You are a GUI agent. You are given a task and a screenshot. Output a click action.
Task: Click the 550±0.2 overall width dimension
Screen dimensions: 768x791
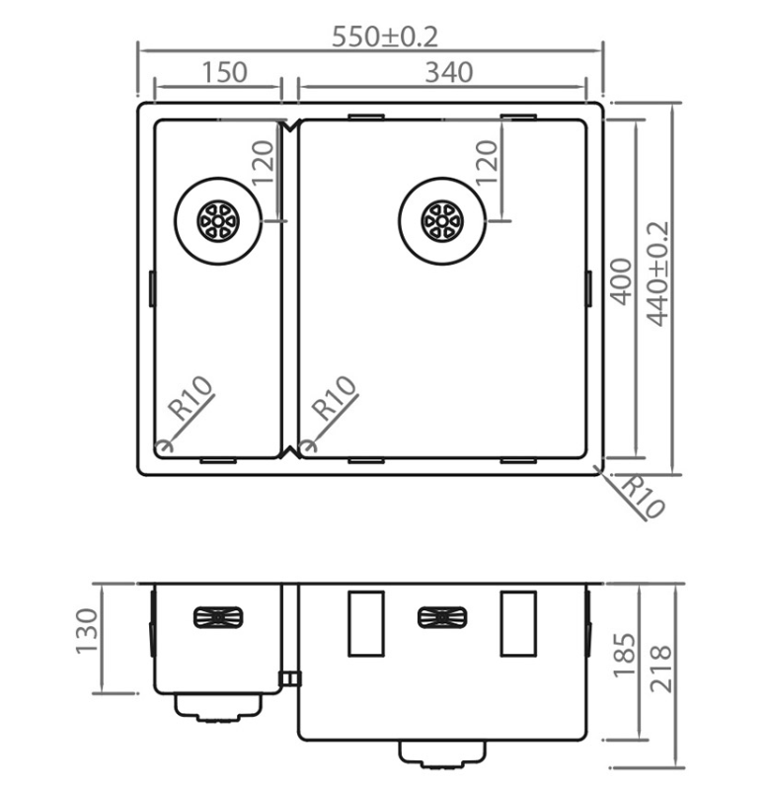385,37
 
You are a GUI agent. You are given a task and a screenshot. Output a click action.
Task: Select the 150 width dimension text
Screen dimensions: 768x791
224,72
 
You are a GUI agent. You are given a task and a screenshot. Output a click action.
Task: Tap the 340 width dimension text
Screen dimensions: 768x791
449,72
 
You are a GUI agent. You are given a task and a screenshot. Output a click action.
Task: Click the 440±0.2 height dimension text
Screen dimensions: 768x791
658,274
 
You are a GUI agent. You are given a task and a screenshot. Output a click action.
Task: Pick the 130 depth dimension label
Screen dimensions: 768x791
86,631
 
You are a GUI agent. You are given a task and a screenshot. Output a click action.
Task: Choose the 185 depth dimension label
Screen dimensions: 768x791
624,655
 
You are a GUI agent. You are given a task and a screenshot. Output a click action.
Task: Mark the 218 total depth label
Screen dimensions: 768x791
661,669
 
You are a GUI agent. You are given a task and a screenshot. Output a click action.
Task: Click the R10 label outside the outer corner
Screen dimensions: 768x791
643,497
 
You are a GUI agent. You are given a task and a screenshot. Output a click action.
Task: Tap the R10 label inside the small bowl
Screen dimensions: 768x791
192,398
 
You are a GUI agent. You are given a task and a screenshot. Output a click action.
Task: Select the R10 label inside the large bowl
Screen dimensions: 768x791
335,398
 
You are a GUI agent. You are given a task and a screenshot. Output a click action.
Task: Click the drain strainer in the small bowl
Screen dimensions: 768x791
218,221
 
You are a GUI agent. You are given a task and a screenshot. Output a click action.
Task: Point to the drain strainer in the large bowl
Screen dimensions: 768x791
441,221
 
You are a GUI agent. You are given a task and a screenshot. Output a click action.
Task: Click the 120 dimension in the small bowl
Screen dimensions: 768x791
263,162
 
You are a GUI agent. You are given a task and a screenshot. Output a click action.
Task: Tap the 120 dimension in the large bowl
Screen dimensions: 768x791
487,162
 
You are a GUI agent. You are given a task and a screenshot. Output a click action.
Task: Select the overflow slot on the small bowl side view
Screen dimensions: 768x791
218,617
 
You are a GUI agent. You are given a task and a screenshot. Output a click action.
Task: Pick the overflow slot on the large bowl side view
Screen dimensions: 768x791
442,617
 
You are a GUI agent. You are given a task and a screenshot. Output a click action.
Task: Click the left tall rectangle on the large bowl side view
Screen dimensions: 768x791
366,623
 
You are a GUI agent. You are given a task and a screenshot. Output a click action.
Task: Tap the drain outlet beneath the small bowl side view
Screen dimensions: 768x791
218,707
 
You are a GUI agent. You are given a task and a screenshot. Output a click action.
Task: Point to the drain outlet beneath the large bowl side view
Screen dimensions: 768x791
442,754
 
